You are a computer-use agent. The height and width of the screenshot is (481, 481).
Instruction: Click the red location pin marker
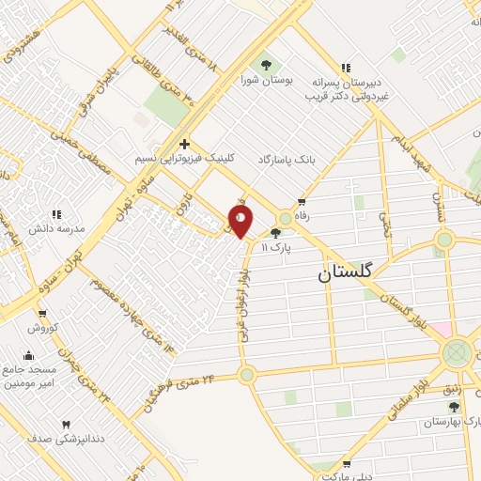(241, 221)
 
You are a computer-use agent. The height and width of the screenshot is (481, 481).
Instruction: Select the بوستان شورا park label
(267, 81)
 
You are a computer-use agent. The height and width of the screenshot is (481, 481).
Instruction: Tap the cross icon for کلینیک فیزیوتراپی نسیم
(185, 145)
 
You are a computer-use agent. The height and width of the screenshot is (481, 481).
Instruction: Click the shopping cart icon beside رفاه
(302, 201)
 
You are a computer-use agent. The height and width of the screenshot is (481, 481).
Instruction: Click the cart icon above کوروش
(43, 314)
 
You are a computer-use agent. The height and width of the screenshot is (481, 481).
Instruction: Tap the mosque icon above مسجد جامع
(27, 355)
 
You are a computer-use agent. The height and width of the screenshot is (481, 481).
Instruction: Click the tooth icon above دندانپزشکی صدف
(66, 425)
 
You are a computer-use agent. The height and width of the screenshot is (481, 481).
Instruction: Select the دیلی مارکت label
(345, 476)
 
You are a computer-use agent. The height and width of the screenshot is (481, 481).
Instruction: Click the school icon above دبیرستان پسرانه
(347, 68)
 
